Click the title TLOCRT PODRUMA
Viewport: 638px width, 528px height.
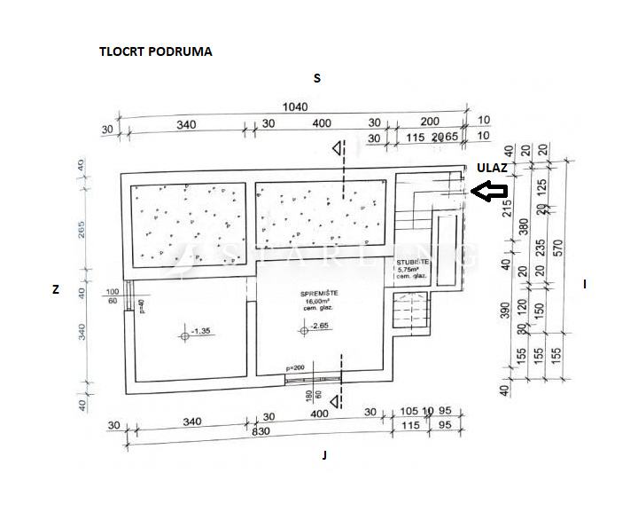[x=155, y=51]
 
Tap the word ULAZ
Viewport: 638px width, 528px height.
[x=492, y=167]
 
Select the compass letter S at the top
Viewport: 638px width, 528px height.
[x=316, y=78]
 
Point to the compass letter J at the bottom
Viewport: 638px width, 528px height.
[x=325, y=455]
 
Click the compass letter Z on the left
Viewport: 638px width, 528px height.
[x=55, y=289]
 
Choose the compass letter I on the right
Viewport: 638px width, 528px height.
[x=585, y=284]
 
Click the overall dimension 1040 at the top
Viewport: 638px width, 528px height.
[x=294, y=106]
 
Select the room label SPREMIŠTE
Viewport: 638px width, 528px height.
[x=322, y=294]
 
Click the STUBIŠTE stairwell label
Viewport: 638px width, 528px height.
[x=413, y=264]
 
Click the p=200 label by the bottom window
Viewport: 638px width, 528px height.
[x=296, y=367]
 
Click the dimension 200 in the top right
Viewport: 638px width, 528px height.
[x=430, y=122]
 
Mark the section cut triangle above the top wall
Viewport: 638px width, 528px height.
[x=336, y=149]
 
